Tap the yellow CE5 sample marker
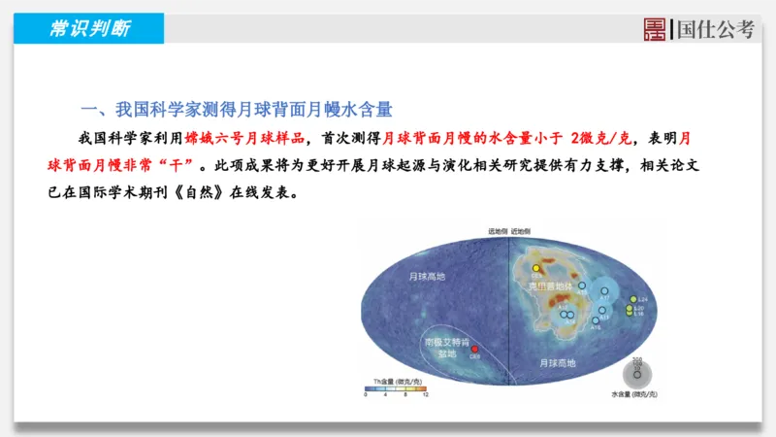pos(536,267)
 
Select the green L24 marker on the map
pos(632,299)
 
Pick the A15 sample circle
pos(582,286)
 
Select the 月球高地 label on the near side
pos(557,362)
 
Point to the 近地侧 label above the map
pos(523,232)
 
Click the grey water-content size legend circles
pos(636,372)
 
